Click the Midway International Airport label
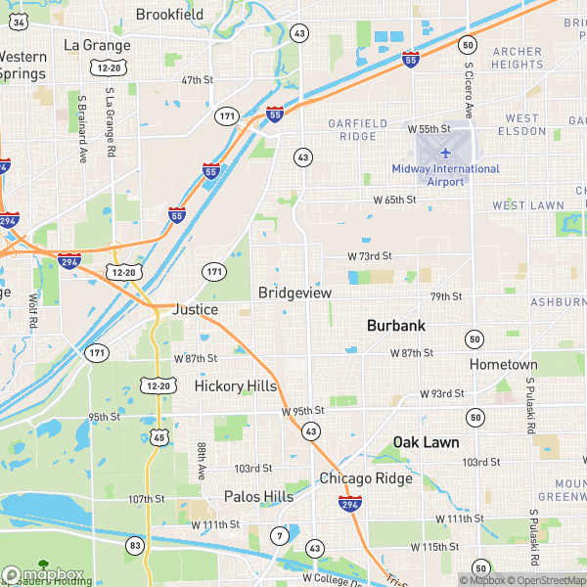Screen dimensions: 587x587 445,175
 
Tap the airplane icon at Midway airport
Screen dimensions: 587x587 445,153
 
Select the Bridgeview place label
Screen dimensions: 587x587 294,293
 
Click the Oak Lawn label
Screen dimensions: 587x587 426,442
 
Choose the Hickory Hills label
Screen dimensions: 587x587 235,386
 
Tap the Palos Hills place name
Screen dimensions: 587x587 258,497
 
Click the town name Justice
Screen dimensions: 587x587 195,309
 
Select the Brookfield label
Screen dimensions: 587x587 169,15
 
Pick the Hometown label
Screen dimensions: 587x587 503,364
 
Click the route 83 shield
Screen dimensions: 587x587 134,544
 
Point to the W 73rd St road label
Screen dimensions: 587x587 369,255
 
